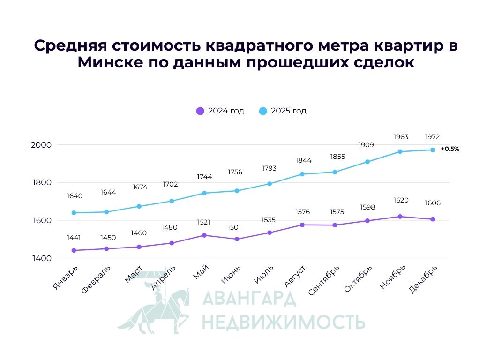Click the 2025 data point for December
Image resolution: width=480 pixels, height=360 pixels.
click(433, 150)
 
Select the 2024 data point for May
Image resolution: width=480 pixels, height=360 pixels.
click(204, 235)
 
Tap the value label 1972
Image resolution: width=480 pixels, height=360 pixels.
click(432, 137)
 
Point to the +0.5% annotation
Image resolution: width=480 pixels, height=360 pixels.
click(450, 149)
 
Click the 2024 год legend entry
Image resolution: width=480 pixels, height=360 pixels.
click(220, 111)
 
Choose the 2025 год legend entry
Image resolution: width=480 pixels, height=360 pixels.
click(283, 111)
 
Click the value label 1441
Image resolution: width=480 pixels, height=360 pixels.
click(74, 238)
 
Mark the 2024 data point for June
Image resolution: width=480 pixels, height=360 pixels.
click(237, 239)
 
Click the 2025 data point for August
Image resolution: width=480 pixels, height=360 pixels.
click(302, 174)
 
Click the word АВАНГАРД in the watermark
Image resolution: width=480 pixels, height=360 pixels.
click(248, 298)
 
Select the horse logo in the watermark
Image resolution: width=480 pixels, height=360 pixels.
click(155, 305)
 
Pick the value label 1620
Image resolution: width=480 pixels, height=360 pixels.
click(401, 200)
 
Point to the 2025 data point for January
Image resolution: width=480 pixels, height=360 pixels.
click(74, 213)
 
